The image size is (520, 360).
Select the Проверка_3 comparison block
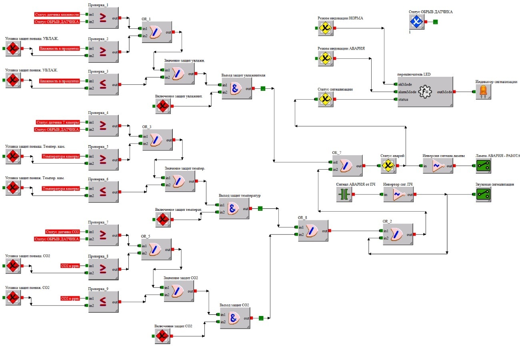click(x=103, y=84)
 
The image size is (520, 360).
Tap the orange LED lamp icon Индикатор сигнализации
click(x=483, y=92)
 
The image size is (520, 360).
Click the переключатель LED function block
click(x=425, y=92)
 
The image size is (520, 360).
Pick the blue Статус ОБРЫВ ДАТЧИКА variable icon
click(x=416, y=22)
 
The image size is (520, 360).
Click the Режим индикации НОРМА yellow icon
click(x=326, y=28)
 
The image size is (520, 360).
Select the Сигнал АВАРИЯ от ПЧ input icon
click(x=344, y=194)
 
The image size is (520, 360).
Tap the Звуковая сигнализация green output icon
click(x=483, y=194)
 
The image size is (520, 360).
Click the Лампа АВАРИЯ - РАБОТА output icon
click(x=483, y=166)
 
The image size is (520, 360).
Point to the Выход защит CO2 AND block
click(x=235, y=318)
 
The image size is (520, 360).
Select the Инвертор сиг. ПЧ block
click(x=398, y=194)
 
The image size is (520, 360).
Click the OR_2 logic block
click(x=398, y=234)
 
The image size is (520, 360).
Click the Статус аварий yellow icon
click(x=387, y=166)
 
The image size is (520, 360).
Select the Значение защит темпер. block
click(x=180, y=181)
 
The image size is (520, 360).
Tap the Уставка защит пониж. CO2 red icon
click(x=13, y=298)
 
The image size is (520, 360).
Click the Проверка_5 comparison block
click(x=103, y=160)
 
